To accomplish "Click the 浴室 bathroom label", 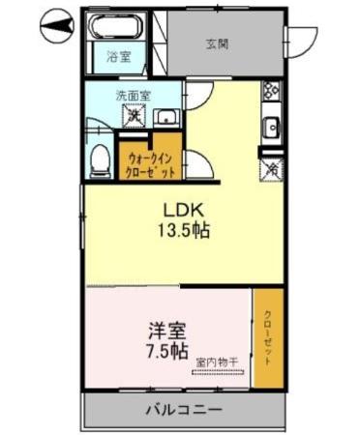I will click(x=116, y=57).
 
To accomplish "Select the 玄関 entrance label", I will click(x=217, y=43).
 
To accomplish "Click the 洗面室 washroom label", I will click(x=133, y=96).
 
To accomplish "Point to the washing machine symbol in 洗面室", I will click(x=134, y=118).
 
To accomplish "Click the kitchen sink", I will click(x=273, y=126).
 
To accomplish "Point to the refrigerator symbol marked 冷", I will click(x=272, y=167).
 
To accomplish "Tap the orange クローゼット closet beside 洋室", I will click(x=268, y=338).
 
